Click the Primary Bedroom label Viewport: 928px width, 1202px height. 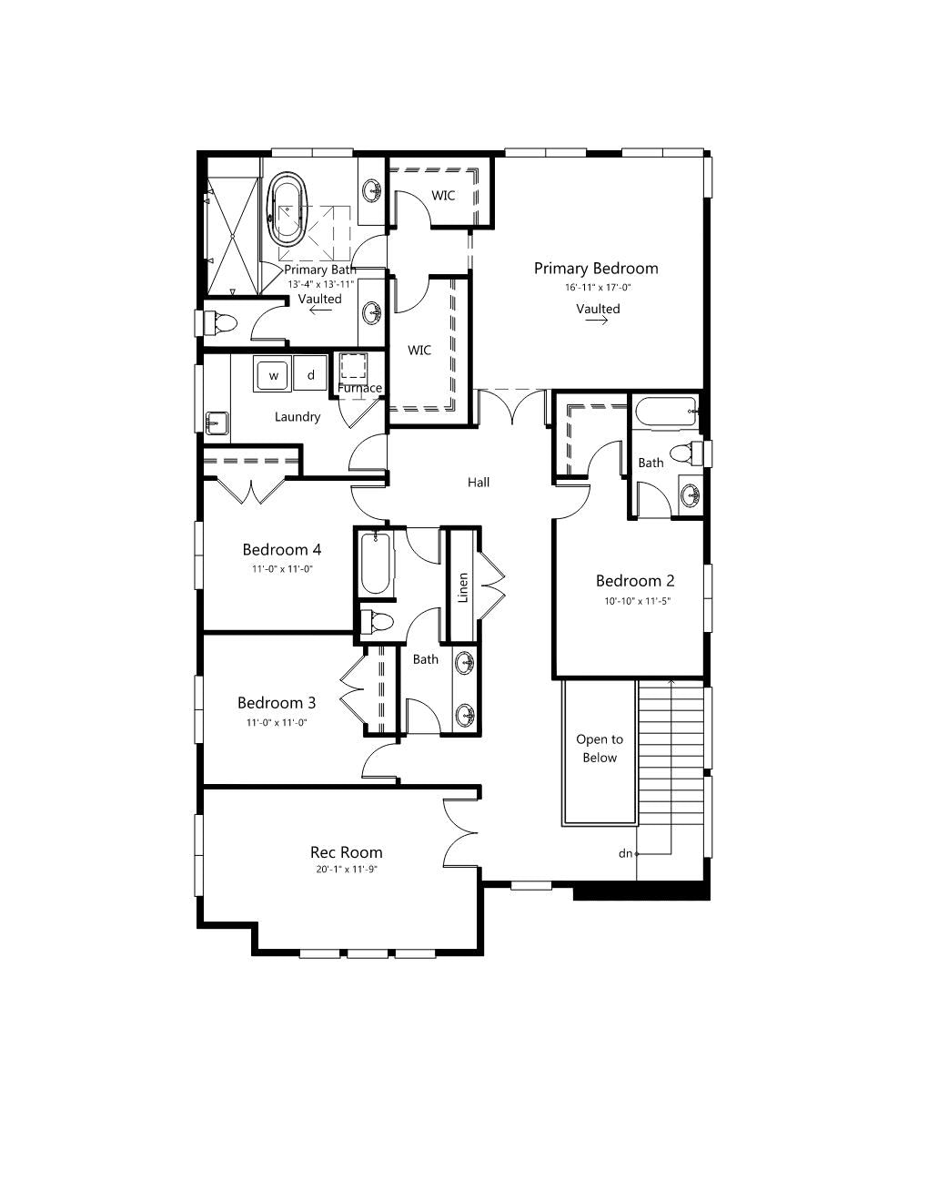coord(596,269)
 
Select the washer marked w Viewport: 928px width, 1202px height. coord(273,373)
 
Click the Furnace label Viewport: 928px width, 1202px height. coord(359,388)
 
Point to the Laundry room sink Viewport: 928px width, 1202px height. coord(217,423)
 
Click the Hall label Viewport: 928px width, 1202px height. coord(478,483)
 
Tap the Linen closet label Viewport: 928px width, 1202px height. coord(463,587)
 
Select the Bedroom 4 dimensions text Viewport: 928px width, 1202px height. coord(282,568)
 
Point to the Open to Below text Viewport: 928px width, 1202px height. coord(600,749)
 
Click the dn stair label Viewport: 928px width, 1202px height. coord(625,853)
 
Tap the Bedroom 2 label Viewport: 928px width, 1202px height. coord(635,581)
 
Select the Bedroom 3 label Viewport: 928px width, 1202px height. coord(277,702)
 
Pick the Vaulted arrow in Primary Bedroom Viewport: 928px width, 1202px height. coord(597,320)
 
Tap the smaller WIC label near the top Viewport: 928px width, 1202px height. coord(443,195)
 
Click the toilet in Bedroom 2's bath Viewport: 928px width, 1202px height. coord(684,454)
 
